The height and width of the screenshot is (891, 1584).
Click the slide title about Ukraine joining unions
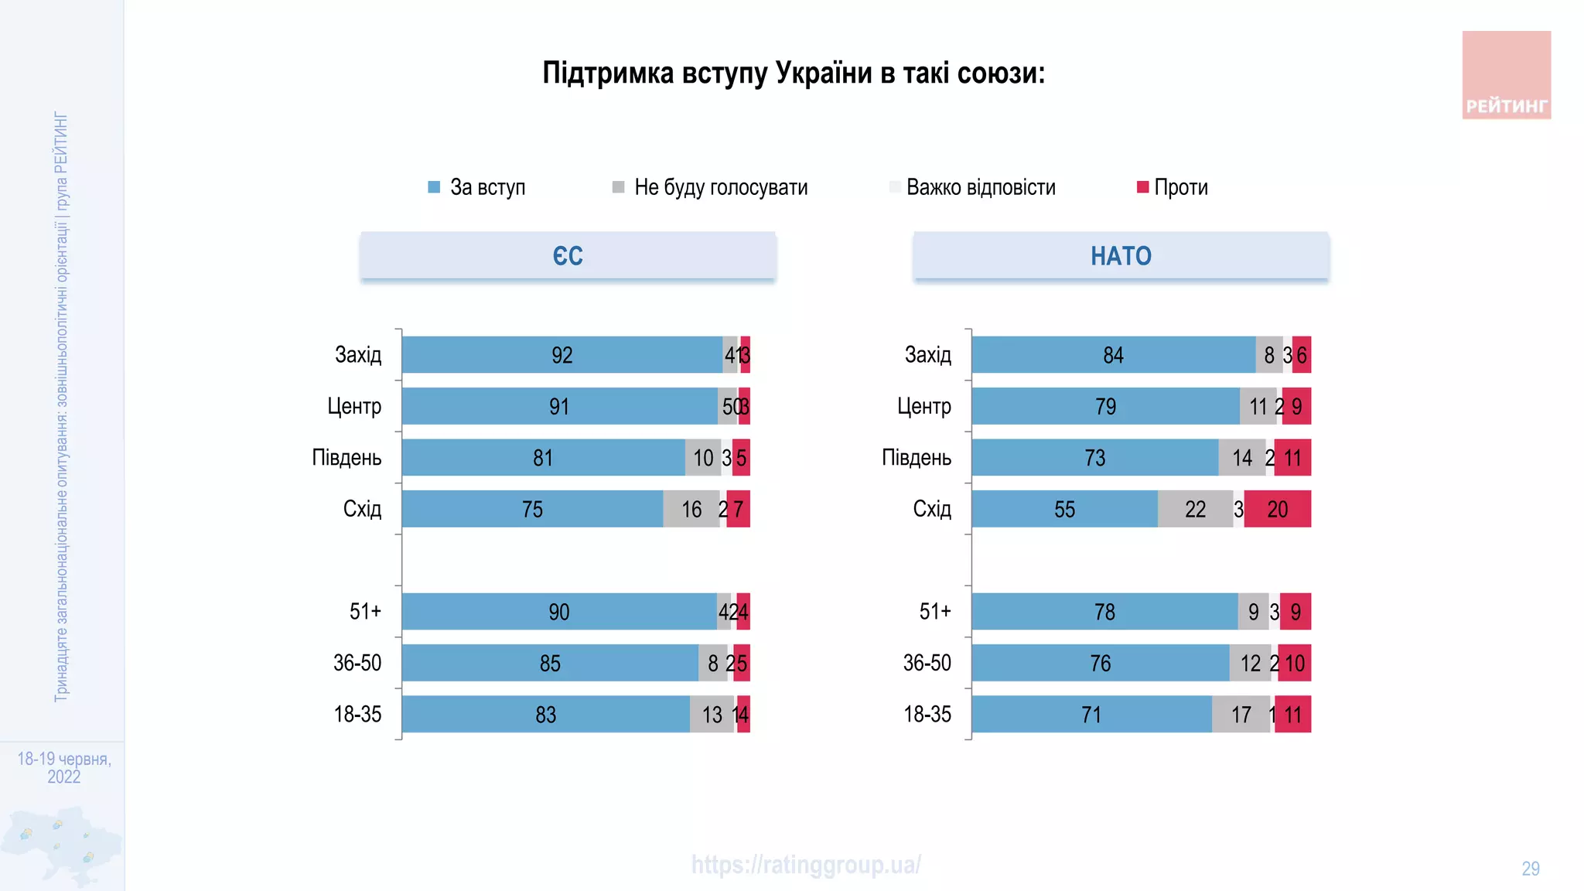[x=794, y=73]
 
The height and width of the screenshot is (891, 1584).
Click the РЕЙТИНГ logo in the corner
[x=1506, y=75]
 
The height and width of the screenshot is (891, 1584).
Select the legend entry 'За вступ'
[x=477, y=187]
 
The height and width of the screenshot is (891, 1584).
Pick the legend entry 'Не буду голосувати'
[x=710, y=187]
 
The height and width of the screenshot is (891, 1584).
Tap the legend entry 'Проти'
[x=1172, y=187]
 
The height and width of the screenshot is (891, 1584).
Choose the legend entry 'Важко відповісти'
[x=972, y=187]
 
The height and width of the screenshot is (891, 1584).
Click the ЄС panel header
[x=568, y=256]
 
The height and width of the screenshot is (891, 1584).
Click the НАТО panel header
[x=1121, y=256]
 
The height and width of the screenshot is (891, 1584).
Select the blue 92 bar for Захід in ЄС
[x=562, y=355]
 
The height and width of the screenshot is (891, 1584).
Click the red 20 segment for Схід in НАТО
[x=1277, y=509]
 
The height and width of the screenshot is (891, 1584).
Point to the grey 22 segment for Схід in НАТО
[x=1195, y=509]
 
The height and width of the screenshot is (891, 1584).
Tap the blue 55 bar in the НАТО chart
[x=1064, y=509]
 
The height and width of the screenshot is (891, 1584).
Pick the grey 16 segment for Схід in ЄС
[x=691, y=509]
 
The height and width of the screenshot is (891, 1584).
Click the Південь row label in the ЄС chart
[x=346, y=458]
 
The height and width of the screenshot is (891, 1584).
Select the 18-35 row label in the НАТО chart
[x=927, y=714]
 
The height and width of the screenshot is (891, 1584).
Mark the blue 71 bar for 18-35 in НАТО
[x=1091, y=714]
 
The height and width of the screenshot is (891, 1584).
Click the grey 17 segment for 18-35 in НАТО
[x=1241, y=714]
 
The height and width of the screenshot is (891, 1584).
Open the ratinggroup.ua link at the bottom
[x=806, y=865]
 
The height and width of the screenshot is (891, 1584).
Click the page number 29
[x=1530, y=869]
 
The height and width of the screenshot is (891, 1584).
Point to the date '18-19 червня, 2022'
[x=64, y=767]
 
